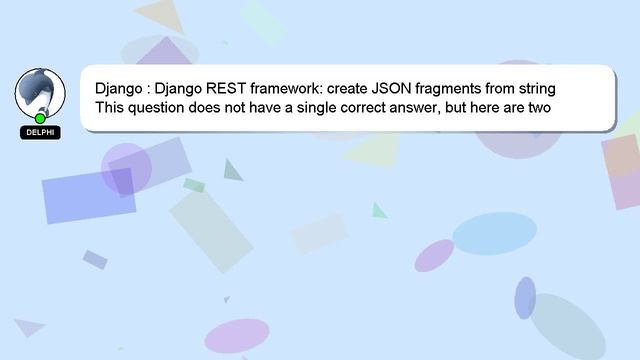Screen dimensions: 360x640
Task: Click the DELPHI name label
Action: coord(40,133)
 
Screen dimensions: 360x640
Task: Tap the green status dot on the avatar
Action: coord(40,119)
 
